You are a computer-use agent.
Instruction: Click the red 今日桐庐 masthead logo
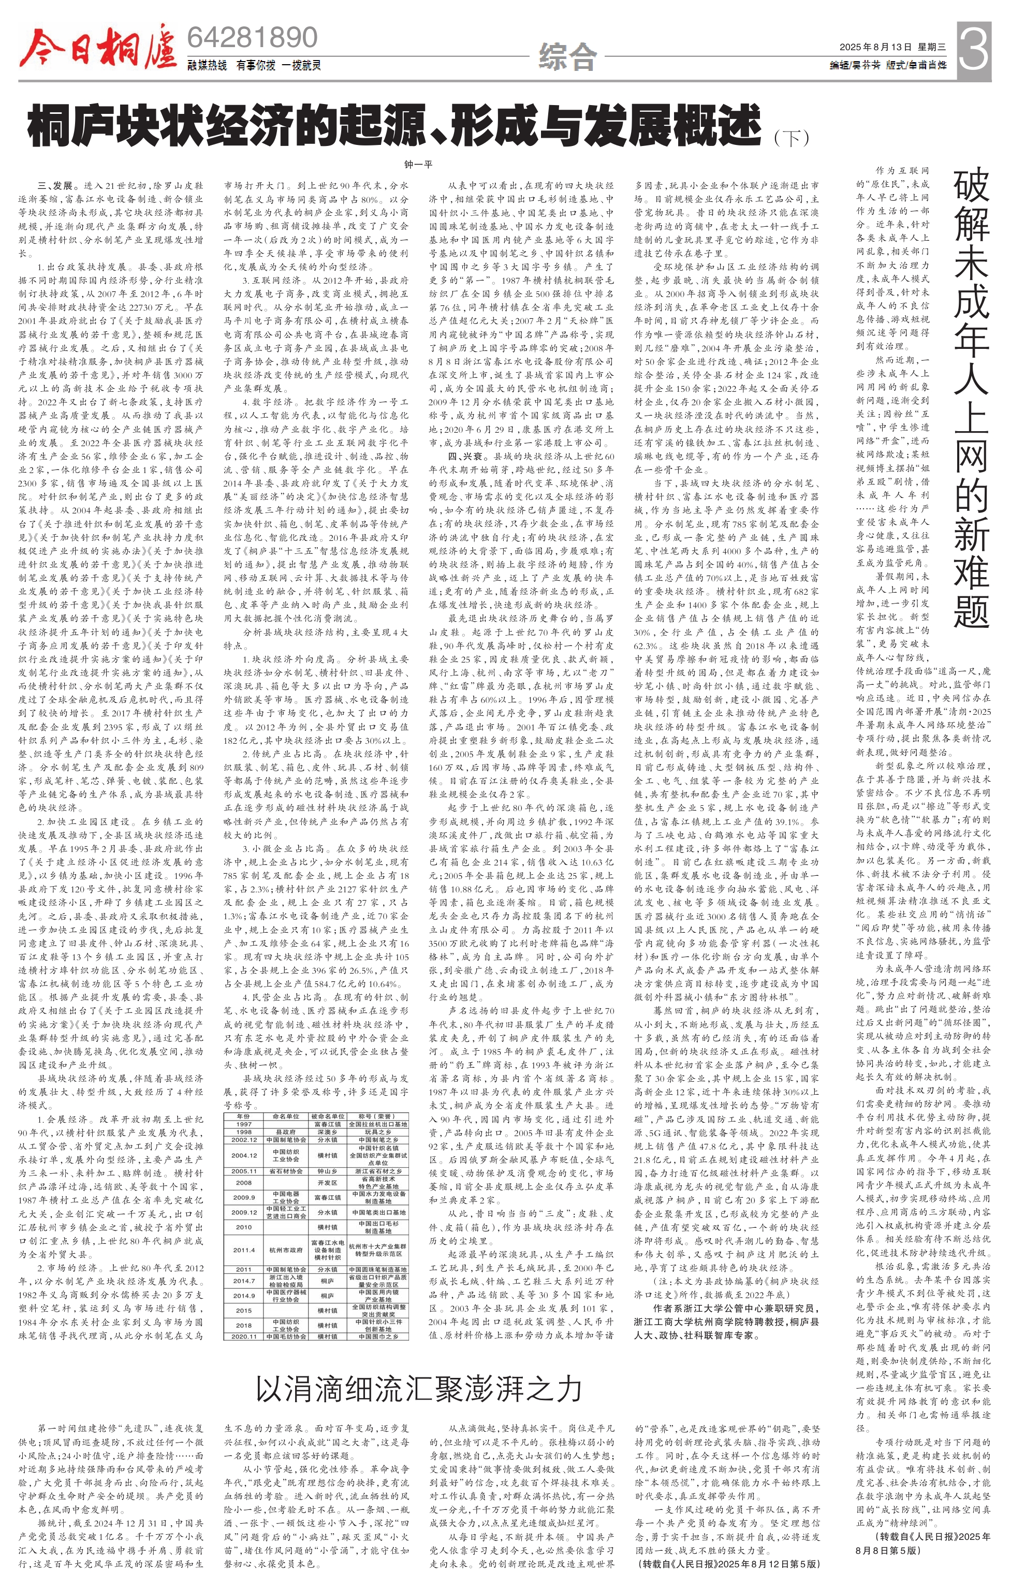click(97, 48)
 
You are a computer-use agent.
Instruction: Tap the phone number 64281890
click(253, 38)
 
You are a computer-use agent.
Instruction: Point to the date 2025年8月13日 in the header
click(875, 47)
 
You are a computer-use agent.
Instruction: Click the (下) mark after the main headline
click(791, 138)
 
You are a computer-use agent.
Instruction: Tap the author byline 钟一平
click(418, 164)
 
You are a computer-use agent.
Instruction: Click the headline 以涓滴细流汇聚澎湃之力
click(419, 1389)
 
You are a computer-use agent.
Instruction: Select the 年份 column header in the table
click(243, 1116)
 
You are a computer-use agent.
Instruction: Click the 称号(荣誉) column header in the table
click(378, 1116)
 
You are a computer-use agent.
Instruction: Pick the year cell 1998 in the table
click(243, 1132)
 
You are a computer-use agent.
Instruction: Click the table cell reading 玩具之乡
click(378, 1132)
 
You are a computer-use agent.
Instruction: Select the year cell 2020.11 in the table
click(243, 1336)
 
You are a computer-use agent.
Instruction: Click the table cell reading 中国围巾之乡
click(378, 1336)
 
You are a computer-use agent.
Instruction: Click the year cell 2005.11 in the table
click(243, 1171)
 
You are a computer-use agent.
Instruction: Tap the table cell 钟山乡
click(328, 1171)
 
